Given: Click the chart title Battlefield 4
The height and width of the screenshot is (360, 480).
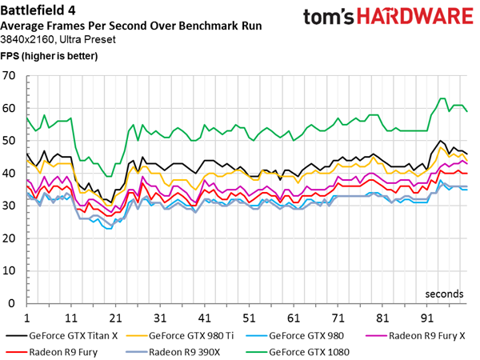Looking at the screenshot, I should pos(41,10).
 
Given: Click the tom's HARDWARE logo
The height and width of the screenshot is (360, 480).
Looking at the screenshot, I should pos(390,18).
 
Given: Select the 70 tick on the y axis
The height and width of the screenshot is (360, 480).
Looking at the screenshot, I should pos(10,76).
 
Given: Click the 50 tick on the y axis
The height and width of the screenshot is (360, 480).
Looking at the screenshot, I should pos(10,141).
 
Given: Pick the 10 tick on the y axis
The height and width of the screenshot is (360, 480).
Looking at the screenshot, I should pos(10,271).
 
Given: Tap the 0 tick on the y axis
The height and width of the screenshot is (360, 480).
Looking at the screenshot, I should pos(14,304).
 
